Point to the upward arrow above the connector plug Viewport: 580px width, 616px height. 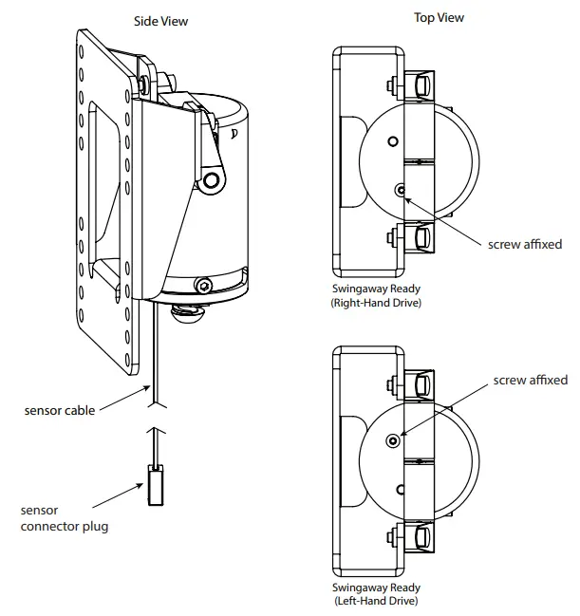(156, 441)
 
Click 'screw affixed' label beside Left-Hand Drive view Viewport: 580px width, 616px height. (531, 380)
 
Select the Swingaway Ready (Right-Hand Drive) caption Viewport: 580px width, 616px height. (376, 296)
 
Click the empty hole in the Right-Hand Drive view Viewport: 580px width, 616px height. (391, 140)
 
